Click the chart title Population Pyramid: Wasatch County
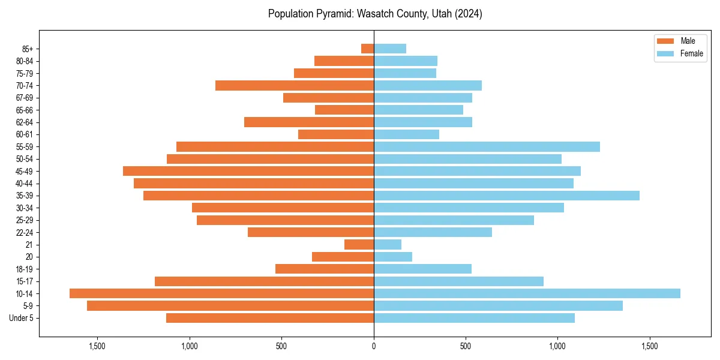(x=375, y=14)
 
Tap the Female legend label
(x=691, y=53)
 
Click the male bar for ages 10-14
(x=221, y=293)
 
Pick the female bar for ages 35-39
(x=506, y=196)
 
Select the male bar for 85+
(x=367, y=49)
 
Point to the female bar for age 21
(x=388, y=245)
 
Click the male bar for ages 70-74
(x=295, y=85)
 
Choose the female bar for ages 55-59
(x=487, y=146)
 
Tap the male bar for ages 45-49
(x=248, y=171)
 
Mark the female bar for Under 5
(x=474, y=318)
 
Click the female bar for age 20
(x=393, y=257)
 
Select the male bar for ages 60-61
(x=336, y=134)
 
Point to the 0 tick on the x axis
(x=374, y=346)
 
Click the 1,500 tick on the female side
(x=650, y=346)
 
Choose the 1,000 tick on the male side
(x=190, y=346)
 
